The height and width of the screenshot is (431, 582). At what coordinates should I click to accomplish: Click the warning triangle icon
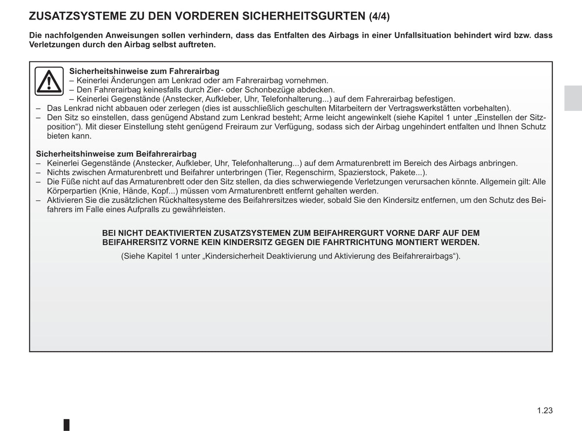point(49,81)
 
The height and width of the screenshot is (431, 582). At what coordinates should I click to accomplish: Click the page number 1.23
point(545,410)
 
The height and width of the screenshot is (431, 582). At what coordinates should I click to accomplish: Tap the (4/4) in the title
point(379,17)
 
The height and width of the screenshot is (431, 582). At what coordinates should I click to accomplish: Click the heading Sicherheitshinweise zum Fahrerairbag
point(144,71)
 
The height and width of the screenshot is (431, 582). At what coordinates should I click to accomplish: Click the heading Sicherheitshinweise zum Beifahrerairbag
point(116,154)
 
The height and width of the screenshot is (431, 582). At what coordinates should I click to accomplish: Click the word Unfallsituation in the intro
point(423,35)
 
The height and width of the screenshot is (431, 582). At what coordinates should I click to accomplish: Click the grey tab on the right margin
point(573,98)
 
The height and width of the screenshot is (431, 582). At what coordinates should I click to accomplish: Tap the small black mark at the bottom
point(66,425)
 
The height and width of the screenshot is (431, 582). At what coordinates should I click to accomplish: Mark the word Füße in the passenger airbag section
point(70,182)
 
